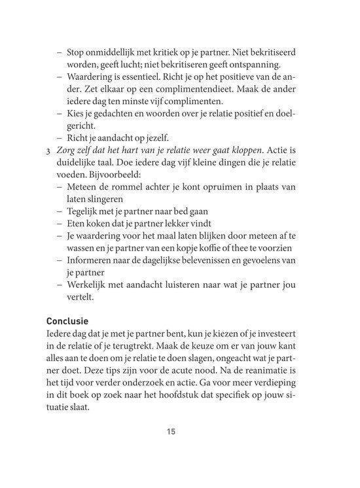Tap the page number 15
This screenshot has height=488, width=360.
[171, 431]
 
